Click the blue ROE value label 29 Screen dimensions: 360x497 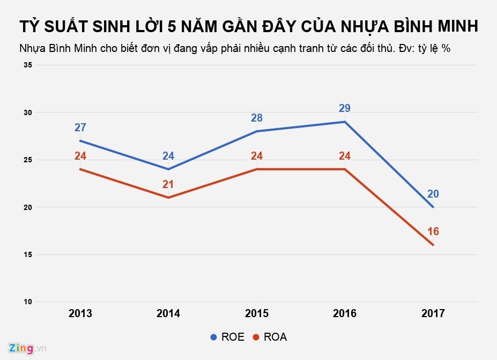(345, 109)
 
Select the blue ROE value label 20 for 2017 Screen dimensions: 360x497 (433, 194)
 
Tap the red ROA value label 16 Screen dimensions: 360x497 (433, 231)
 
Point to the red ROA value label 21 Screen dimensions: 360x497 (168, 185)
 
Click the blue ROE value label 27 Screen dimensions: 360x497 (80, 127)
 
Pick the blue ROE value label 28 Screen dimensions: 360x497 (257, 118)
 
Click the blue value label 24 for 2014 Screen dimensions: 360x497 (168, 156)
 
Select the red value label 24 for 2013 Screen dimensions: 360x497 (80, 156)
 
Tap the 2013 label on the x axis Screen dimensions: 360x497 (80, 314)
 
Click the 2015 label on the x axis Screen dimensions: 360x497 (257, 314)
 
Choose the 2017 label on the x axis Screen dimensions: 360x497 (433, 314)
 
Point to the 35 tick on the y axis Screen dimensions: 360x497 (28, 65)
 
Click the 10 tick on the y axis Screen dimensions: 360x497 (28, 302)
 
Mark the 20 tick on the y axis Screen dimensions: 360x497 (28, 207)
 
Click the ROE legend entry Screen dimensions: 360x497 (227, 337)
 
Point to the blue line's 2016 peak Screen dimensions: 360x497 (345, 122)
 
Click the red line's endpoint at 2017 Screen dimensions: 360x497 (433, 245)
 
